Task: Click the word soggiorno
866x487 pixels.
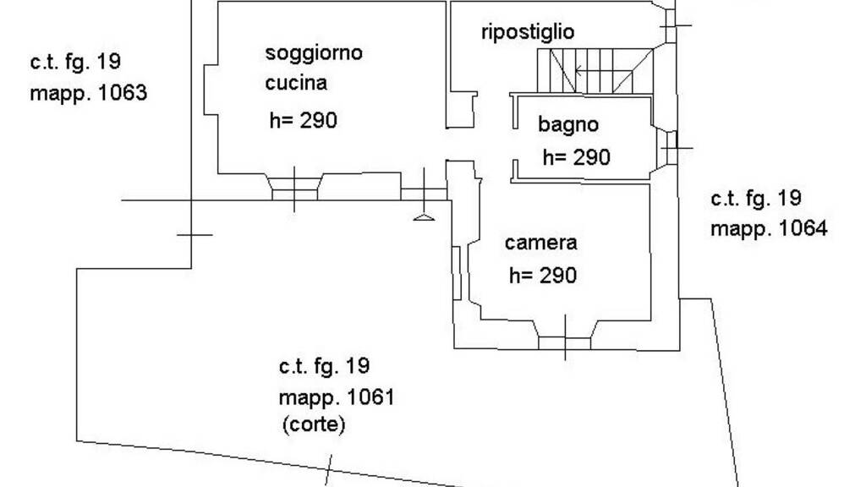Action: [x=314, y=53]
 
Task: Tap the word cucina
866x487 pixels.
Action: [x=296, y=83]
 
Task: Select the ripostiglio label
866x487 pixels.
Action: [x=528, y=32]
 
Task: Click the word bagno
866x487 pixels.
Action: [x=568, y=125]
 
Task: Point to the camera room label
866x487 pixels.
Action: [x=541, y=243]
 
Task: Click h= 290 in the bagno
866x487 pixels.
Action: [x=576, y=157]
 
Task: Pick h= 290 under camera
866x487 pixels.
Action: [x=543, y=276]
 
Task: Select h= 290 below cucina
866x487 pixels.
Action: [x=303, y=120]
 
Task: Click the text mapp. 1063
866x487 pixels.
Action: [x=89, y=92]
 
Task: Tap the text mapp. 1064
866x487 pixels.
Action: [x=769, y=228]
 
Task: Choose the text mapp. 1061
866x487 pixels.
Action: [x=337, y=397]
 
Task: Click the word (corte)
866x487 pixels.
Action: [x=313, y=424]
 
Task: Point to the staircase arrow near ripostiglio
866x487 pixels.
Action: [x=578, y=70]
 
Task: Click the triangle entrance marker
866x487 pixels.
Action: [x=424, y=218]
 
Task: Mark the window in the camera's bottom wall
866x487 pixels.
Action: [x=565, y=342]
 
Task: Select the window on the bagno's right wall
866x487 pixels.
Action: [x=669, y=147]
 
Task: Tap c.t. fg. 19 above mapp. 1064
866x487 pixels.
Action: [x=755, y=199]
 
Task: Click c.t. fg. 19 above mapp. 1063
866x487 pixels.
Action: [x=75, y=62]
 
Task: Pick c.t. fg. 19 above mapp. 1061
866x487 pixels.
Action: [x=324, y=366]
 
